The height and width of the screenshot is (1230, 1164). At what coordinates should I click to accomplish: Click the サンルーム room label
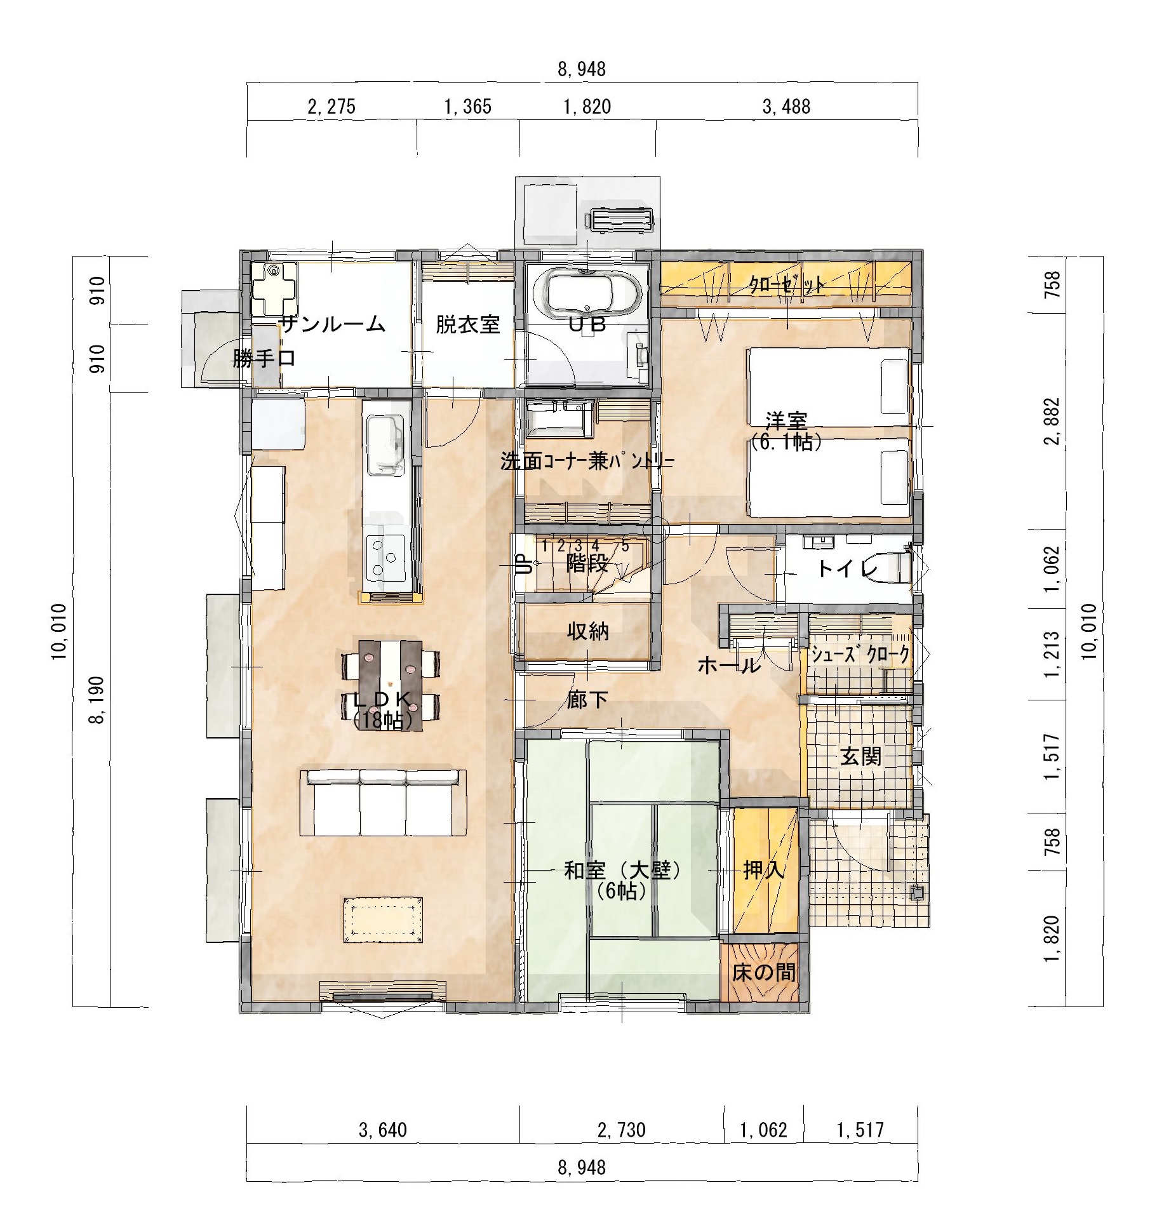[x=333, y=324]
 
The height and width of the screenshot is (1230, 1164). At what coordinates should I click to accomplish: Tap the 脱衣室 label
[x=467, y=324]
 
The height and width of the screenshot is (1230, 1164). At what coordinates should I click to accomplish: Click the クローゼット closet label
[x=787, y=284]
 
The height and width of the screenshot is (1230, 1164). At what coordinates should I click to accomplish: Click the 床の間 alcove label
[x=764, y=972]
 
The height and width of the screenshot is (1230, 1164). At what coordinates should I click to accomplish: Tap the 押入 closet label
[x=764, y=869]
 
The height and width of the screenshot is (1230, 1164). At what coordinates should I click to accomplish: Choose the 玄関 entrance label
[x=861, y=756]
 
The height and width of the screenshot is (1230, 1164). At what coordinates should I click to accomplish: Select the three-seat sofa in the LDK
[x=383, y=802]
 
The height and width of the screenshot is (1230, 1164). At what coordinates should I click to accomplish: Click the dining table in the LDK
[x=390, y=685]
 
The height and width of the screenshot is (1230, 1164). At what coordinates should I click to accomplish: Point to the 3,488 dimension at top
[x=786, y=107]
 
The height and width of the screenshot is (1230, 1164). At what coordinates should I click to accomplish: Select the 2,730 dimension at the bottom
[x=622, y=1130]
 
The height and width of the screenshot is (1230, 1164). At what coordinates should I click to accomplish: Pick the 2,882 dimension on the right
[x=1052, y=422]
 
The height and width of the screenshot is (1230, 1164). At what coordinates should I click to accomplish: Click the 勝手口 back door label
[x=264, y=358]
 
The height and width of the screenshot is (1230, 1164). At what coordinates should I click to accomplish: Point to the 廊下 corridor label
[x=588, y=700]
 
